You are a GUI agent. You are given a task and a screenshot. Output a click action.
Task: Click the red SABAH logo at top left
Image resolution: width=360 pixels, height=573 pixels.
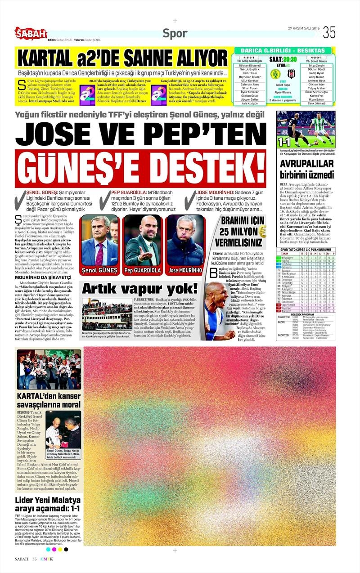(x=31, y=32)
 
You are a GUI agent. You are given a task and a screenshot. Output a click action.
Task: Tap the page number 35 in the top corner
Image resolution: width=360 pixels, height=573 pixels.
(x=329, y=32)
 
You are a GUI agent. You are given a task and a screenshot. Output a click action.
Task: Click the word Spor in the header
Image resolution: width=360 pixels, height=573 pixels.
(x=175, y=33)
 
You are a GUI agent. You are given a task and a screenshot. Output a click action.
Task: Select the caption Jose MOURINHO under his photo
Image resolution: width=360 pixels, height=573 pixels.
(x=184, y=271)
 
